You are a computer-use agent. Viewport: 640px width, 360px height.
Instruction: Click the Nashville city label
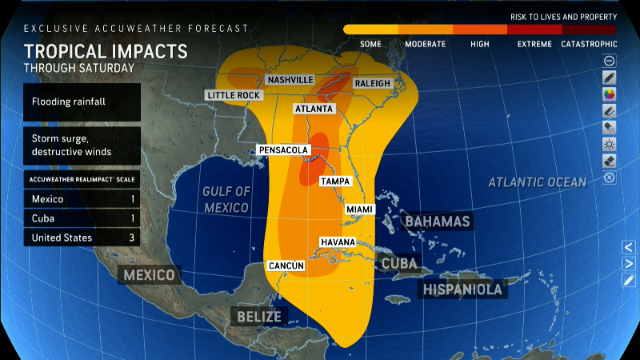pos(290,81)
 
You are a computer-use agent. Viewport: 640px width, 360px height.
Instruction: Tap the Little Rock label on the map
pos(234,95)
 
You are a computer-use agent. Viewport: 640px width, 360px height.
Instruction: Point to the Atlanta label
pos(314,109)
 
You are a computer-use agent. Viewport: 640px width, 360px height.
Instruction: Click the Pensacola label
pos(283,150)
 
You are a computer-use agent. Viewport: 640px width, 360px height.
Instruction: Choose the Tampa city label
pos(335,182)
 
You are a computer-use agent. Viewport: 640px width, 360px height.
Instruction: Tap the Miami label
pos(359,209)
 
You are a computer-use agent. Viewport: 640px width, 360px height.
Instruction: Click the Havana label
pos(338,242)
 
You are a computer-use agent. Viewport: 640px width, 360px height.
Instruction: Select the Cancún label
pos(285,266)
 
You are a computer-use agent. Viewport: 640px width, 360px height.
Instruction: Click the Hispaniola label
pos(463,289)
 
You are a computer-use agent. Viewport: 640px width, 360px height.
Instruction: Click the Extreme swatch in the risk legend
pos(534,30)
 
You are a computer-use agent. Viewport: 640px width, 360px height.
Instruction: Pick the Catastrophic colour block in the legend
pos(589,30)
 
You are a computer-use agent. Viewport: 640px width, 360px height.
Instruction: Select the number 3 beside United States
pos(132,238)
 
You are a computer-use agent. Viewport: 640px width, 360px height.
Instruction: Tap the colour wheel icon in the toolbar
pos(610,94)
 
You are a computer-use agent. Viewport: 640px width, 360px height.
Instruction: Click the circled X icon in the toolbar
pos(610,177)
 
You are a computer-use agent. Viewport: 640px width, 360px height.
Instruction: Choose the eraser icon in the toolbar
pos(610,160)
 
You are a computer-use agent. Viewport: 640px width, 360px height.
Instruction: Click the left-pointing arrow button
pos(630,247)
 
